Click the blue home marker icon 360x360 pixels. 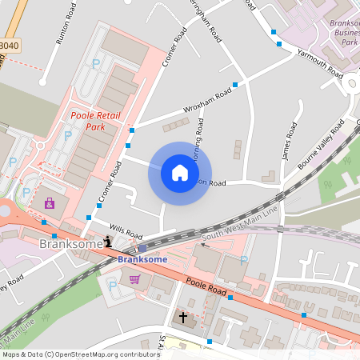click(180, 173)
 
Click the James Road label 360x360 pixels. click(289, 143)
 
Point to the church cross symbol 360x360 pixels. click(182, 318)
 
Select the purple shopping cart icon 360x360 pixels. click(134, 279)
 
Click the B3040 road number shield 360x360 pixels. click(8, 46)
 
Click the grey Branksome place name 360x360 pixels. click(70, 243)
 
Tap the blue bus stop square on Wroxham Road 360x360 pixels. click(235, 85)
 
